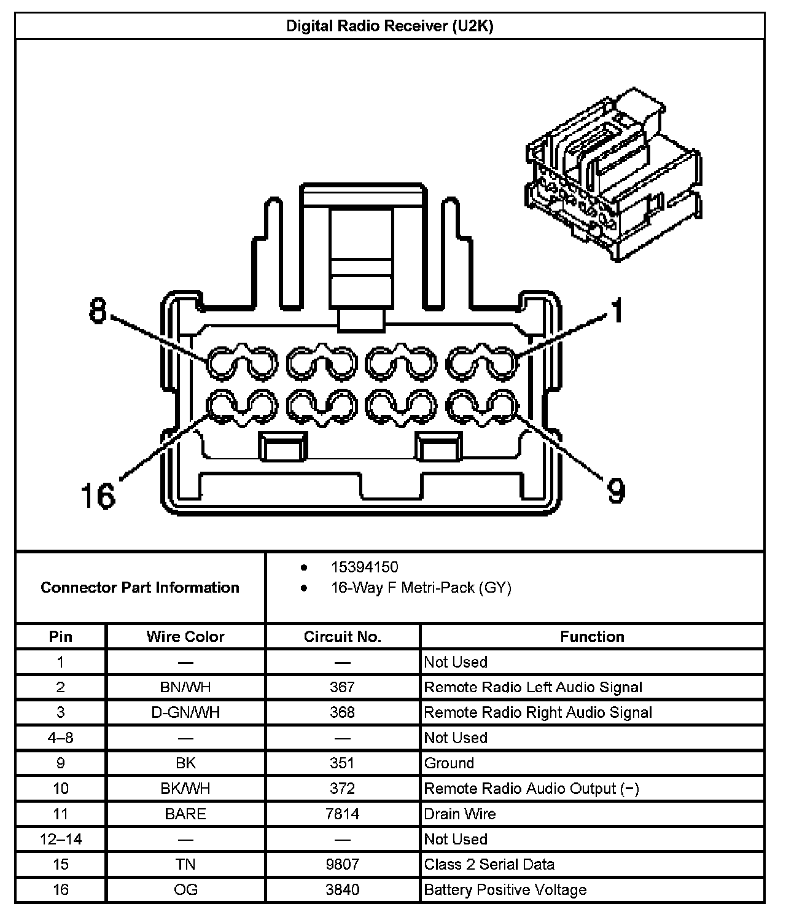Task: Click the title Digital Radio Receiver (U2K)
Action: tap(390, 26)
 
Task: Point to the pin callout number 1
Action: tap(616, 310)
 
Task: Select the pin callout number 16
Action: tap(98, 495)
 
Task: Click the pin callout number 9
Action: tap(616, 489)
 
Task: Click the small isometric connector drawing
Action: tap(613, 175)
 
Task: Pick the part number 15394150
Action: tap(364, 567)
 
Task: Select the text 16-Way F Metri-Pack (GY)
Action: tap(421, 588)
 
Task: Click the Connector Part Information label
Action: tap(140, 588)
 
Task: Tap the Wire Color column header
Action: tap(185, 636)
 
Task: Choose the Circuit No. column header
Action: tap(343, 636)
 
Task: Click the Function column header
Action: tap(592, 636)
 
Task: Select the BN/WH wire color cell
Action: tap(185, 687)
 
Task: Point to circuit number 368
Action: tap(343, 712)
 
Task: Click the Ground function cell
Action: tap(449, 763)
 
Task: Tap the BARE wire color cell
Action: tap(185, 814)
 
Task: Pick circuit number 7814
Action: tap(343, 814)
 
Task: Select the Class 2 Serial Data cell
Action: tap(489, 865)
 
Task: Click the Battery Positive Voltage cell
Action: tap(505, 890)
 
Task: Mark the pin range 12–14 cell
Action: tap(61, 839)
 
